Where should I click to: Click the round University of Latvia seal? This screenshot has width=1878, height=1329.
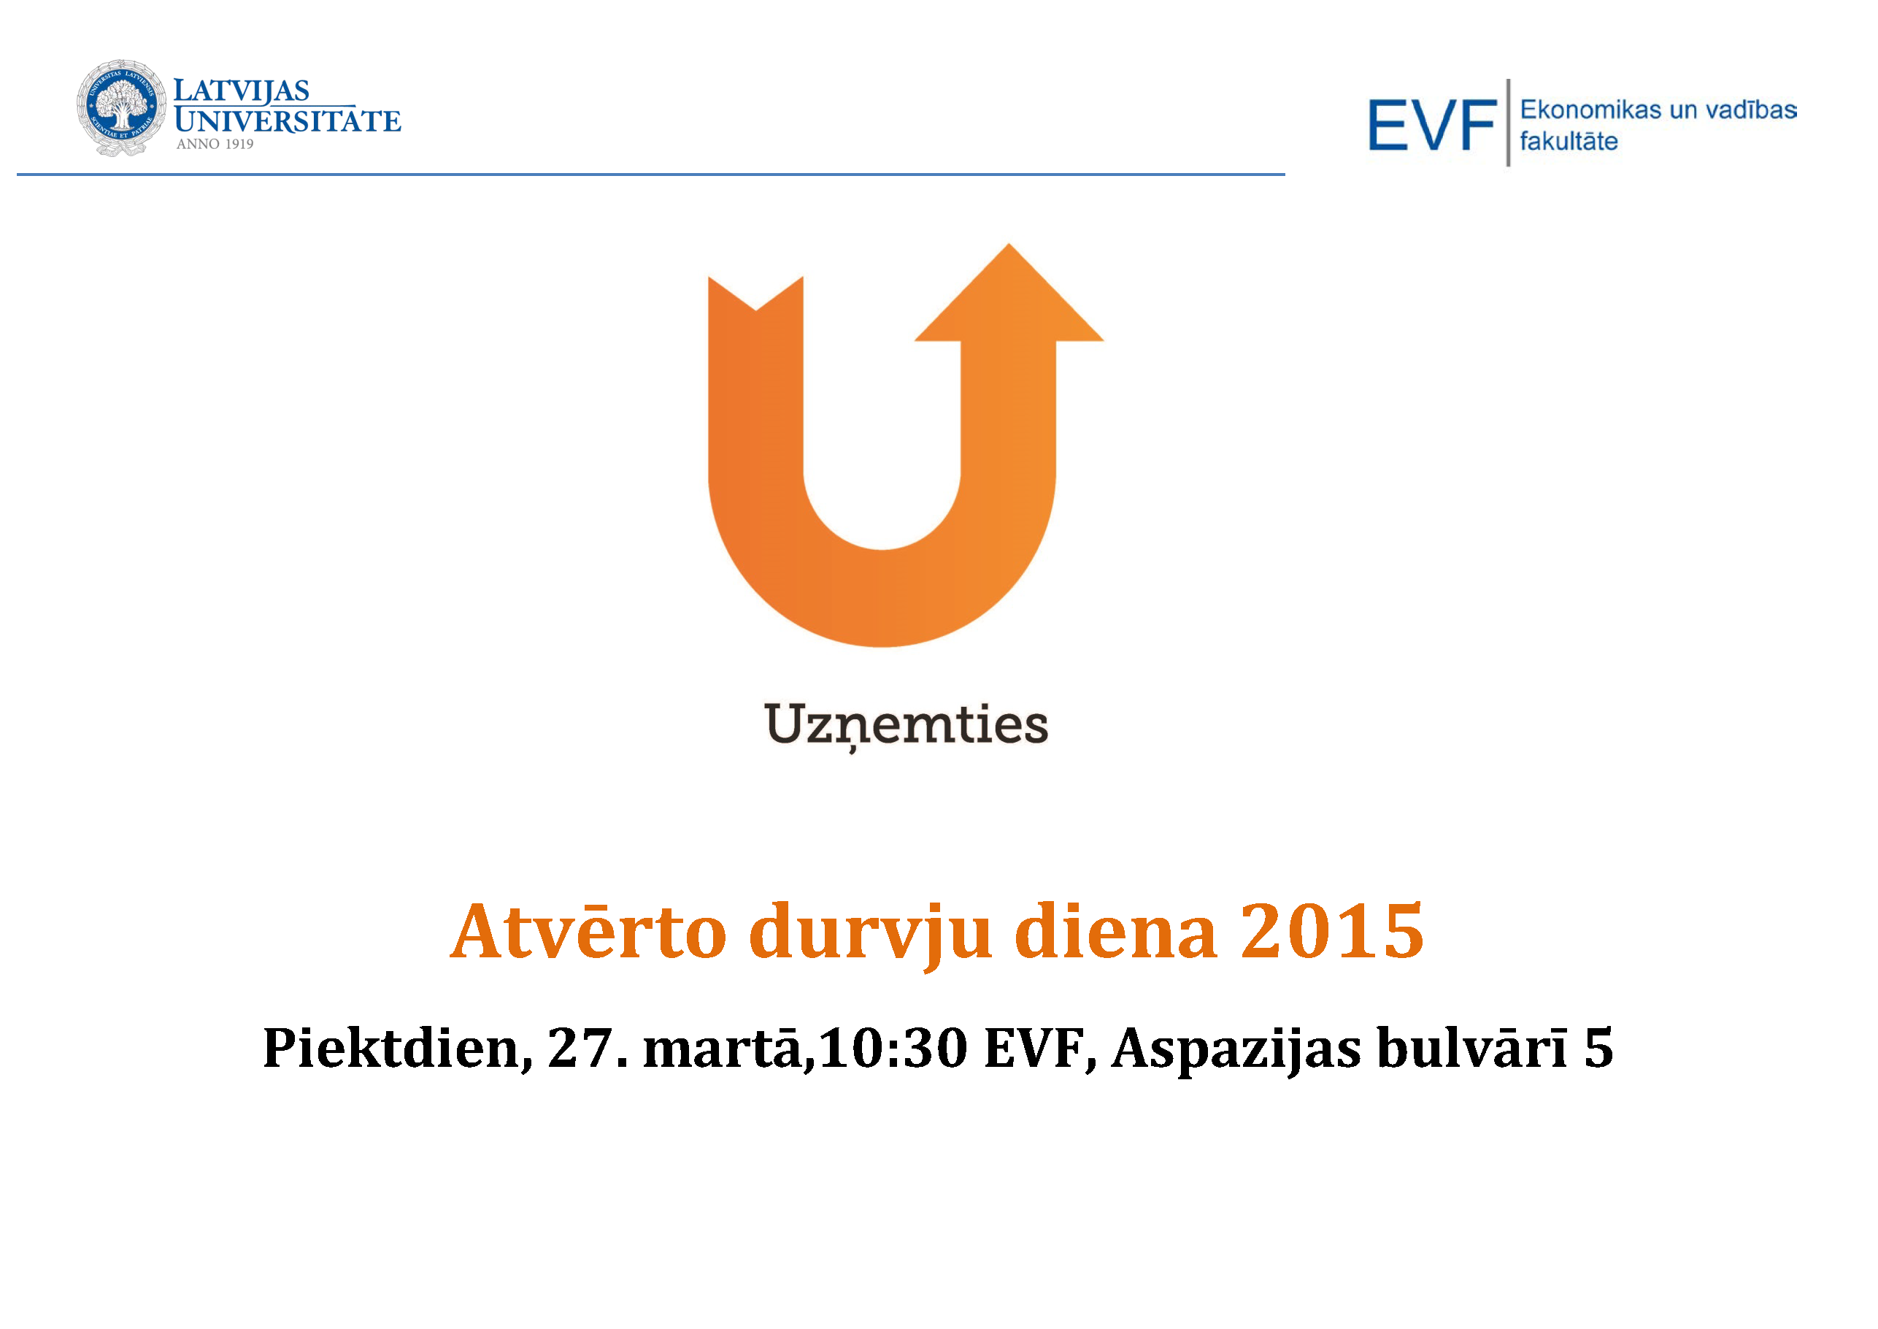click(121, 107)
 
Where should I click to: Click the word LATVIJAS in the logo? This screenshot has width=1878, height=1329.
click(242, 91)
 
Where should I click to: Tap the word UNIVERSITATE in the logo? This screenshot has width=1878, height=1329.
click(288, 121)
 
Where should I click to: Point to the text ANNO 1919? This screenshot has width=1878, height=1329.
click(215, 144)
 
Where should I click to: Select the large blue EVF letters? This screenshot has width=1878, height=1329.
click(1432, 125)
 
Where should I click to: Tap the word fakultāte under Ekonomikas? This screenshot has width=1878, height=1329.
click(1569, 141)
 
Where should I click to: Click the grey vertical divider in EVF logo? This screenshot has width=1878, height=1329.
click(1508, 123)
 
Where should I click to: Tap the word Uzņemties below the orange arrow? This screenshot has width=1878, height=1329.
click(907, 726)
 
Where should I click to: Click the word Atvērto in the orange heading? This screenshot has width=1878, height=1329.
click(588, 932)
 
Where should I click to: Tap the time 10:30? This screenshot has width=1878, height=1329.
click(893, 1049)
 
